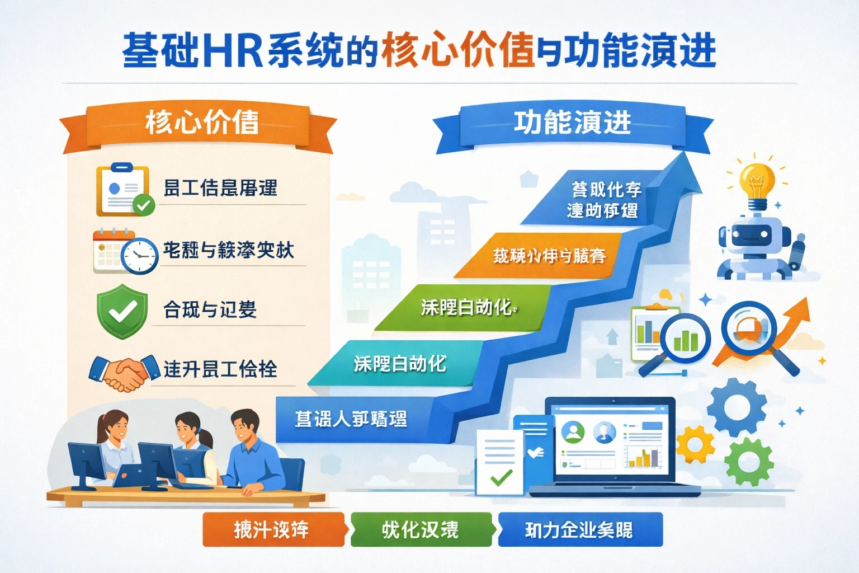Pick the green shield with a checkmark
[122, 311]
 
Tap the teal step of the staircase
[400, 364]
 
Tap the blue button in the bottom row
[579, 529]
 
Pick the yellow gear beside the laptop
[695, 445]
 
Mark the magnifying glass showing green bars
[685, 339]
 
